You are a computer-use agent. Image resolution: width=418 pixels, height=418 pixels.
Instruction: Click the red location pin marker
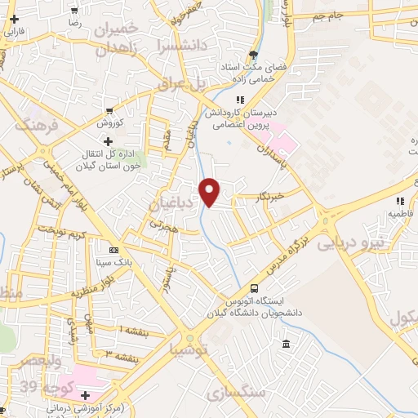pyautogui.click(x=211, y=192)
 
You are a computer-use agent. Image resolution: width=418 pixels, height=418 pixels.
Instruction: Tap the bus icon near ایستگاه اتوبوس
pyautogui.click(x=254, y=288)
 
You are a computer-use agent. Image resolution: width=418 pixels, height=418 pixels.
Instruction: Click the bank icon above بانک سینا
pyautogui.click(x=113, y=250)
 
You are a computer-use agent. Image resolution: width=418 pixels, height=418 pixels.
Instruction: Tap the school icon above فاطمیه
pyautogui.click(x=399, y=200)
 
